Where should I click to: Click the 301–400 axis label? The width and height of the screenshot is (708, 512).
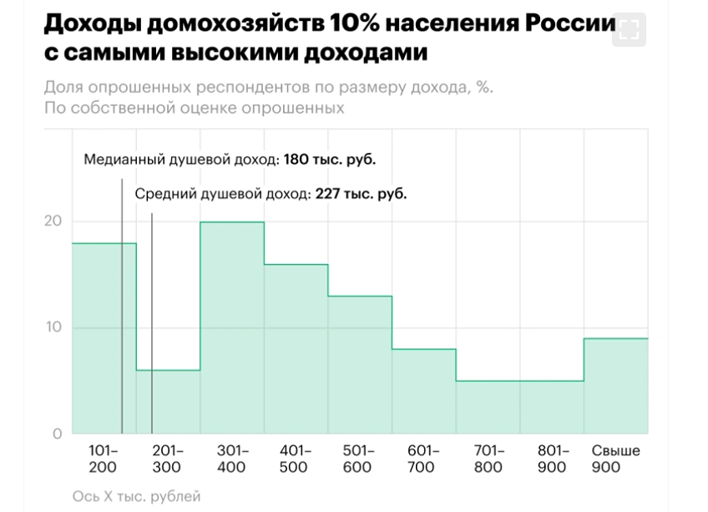231,459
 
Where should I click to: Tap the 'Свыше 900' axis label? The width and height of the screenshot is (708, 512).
615,459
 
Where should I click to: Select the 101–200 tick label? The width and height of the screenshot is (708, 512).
104,459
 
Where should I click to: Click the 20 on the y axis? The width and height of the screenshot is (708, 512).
53,221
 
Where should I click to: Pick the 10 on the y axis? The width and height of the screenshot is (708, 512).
53,327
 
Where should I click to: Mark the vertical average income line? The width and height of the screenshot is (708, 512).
152,334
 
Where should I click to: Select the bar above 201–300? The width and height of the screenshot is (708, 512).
168,401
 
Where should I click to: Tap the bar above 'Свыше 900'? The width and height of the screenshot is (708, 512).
615,384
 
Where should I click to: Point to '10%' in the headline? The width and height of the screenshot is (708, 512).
342,23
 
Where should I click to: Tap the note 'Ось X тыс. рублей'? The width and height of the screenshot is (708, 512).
136,496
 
